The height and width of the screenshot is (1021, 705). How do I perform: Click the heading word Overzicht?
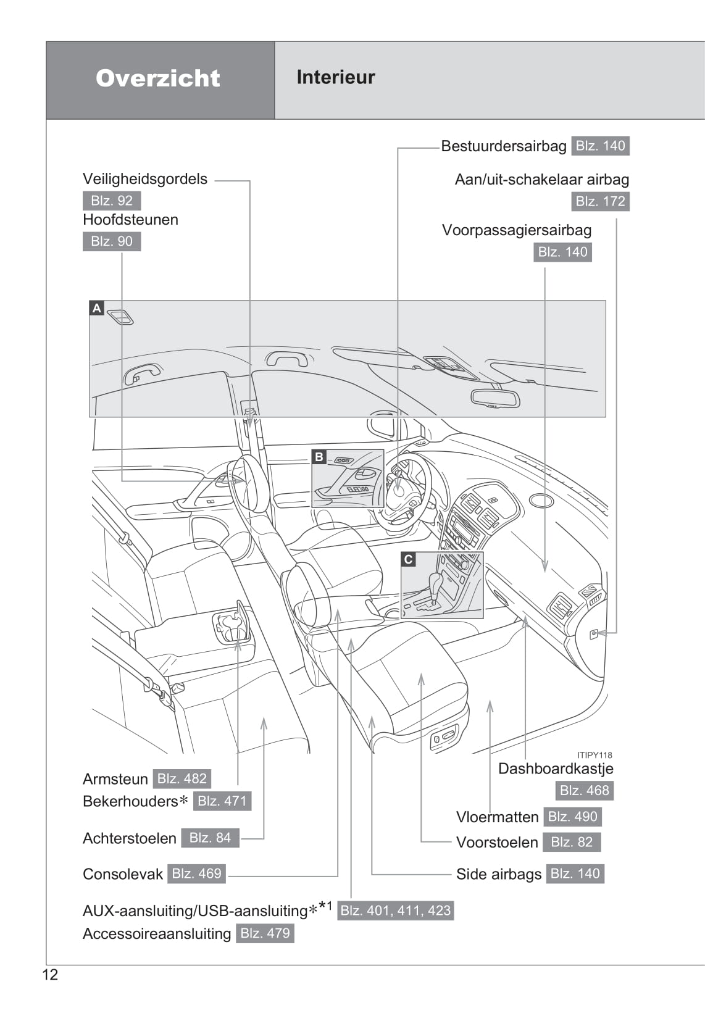click(158, 78)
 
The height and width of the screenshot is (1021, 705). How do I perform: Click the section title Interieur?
click(335, 77)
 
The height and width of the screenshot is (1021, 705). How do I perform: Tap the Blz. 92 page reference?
click(112, 201)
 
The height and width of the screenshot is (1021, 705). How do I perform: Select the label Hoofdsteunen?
click(130, 220)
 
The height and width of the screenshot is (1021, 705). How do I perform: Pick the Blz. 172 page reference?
click(600, 201)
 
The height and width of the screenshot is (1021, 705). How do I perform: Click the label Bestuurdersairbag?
click(503, 146)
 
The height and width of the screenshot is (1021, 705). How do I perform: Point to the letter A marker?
click(96, 308)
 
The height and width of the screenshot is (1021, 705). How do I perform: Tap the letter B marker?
click(319, 457)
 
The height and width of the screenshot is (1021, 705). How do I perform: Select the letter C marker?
click(408, 559)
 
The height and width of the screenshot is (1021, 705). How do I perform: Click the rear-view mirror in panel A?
click(494, 398)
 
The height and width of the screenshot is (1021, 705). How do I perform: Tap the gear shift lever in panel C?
click(435, 586)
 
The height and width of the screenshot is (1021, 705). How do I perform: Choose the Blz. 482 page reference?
click(181, 778)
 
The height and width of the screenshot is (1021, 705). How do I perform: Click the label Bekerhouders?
click(130, 801)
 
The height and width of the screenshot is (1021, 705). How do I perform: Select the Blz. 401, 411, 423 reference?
click(396, 911)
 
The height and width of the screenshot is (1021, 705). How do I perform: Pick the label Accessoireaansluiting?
click(157, 933)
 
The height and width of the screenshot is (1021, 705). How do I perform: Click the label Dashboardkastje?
click(556, 769)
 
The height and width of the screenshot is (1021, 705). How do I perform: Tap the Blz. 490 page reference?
click(572, 817)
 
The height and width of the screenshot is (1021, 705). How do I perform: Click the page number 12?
click(50, 975)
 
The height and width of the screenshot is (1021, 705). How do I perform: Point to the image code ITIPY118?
click(594, 755)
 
